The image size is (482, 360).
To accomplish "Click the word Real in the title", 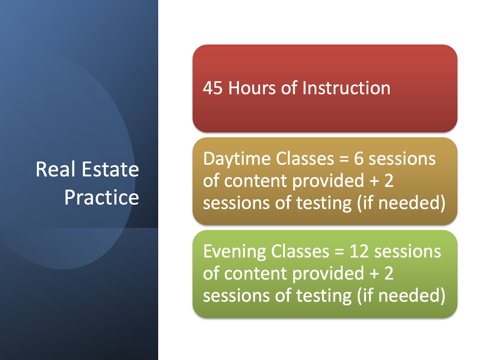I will tap(55, 169).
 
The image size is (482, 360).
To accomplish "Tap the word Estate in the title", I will tap(110, 169).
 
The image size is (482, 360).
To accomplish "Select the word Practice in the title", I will tap(102, 198).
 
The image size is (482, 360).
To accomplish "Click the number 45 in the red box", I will tap(213, 88).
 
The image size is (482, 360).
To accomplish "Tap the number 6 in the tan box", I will tap(358, 159).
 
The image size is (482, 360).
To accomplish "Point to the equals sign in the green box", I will tap(339, 252).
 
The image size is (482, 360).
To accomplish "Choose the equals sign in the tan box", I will tap(344, 159).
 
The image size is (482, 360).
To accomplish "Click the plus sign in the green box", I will tap(374, 274).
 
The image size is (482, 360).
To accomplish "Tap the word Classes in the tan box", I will tap(305, 159).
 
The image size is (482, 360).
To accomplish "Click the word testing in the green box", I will tap(324, 296).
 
